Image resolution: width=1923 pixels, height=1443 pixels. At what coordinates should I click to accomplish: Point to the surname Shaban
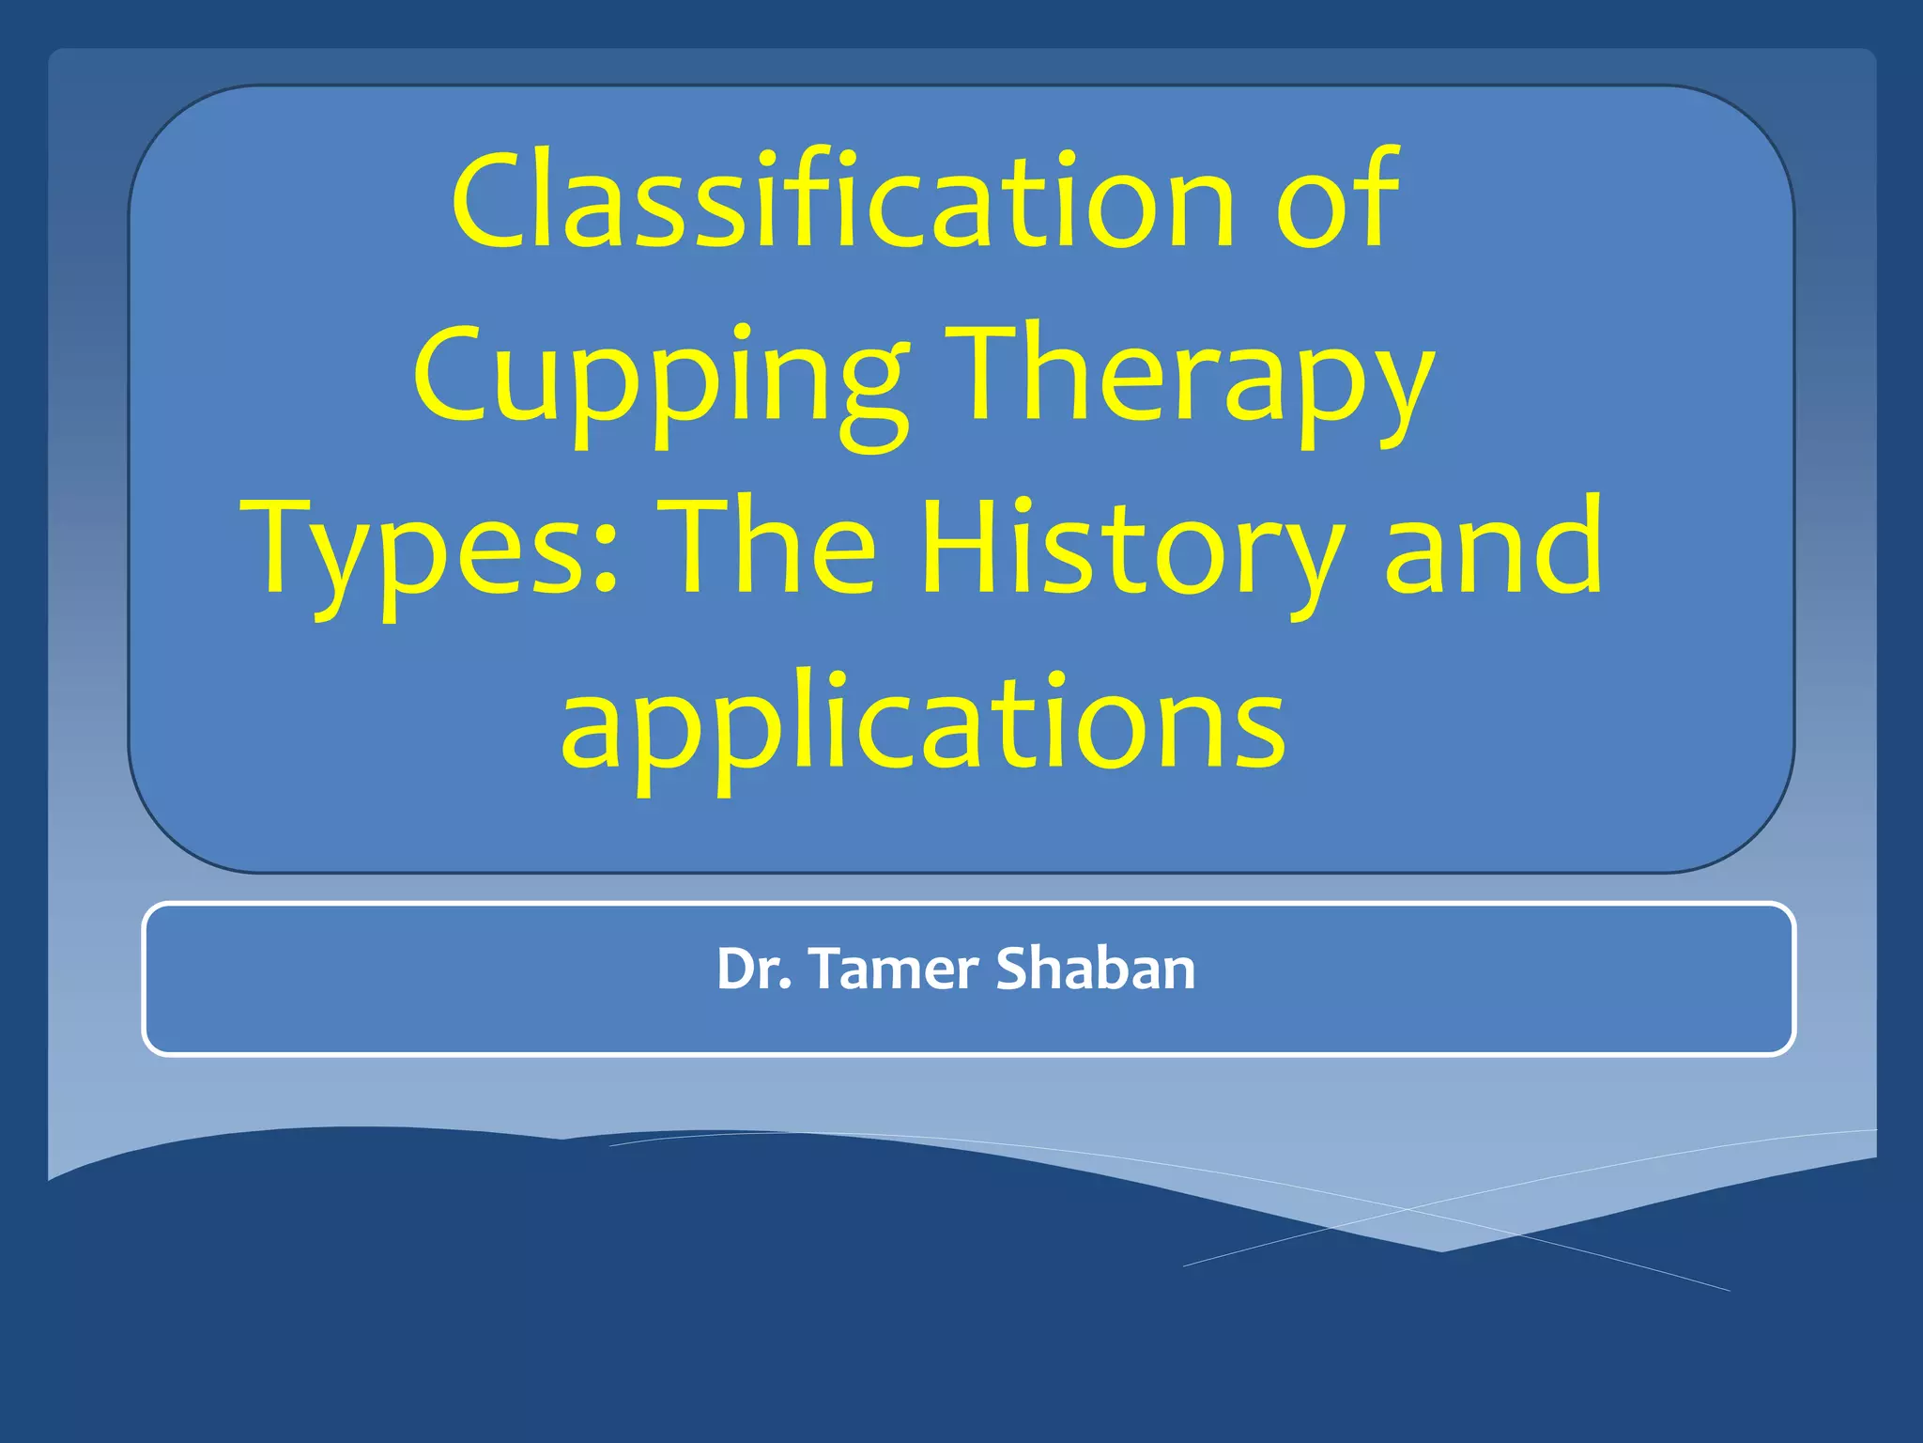pyautogui.click(x=1095, y=969)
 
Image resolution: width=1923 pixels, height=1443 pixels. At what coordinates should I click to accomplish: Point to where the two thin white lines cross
pyautogui.click(x=1408, y=1208)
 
